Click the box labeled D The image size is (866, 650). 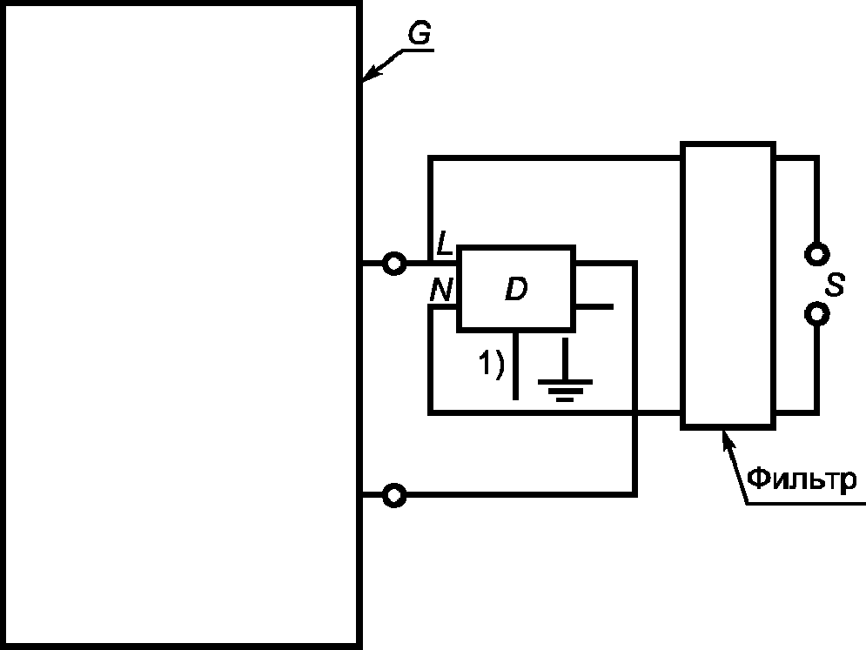tap(516, 289)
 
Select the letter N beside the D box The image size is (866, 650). tap(442, 291)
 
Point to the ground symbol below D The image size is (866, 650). tap(566, 384)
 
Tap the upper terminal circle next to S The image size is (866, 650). tap(816, 253)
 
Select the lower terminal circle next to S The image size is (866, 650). tap(816, 312)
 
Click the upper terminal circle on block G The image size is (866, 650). tap(394, 262)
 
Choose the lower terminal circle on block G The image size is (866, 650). tap(394, 495)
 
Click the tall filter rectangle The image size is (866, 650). tap(728, 285)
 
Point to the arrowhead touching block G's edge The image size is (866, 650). tap(368, 77)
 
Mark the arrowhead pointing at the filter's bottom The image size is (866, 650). tap(724, 436)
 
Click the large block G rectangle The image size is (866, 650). tap(180, 325)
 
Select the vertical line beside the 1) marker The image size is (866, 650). tap(516, 365)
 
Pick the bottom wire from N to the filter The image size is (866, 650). tap(557, 412)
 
